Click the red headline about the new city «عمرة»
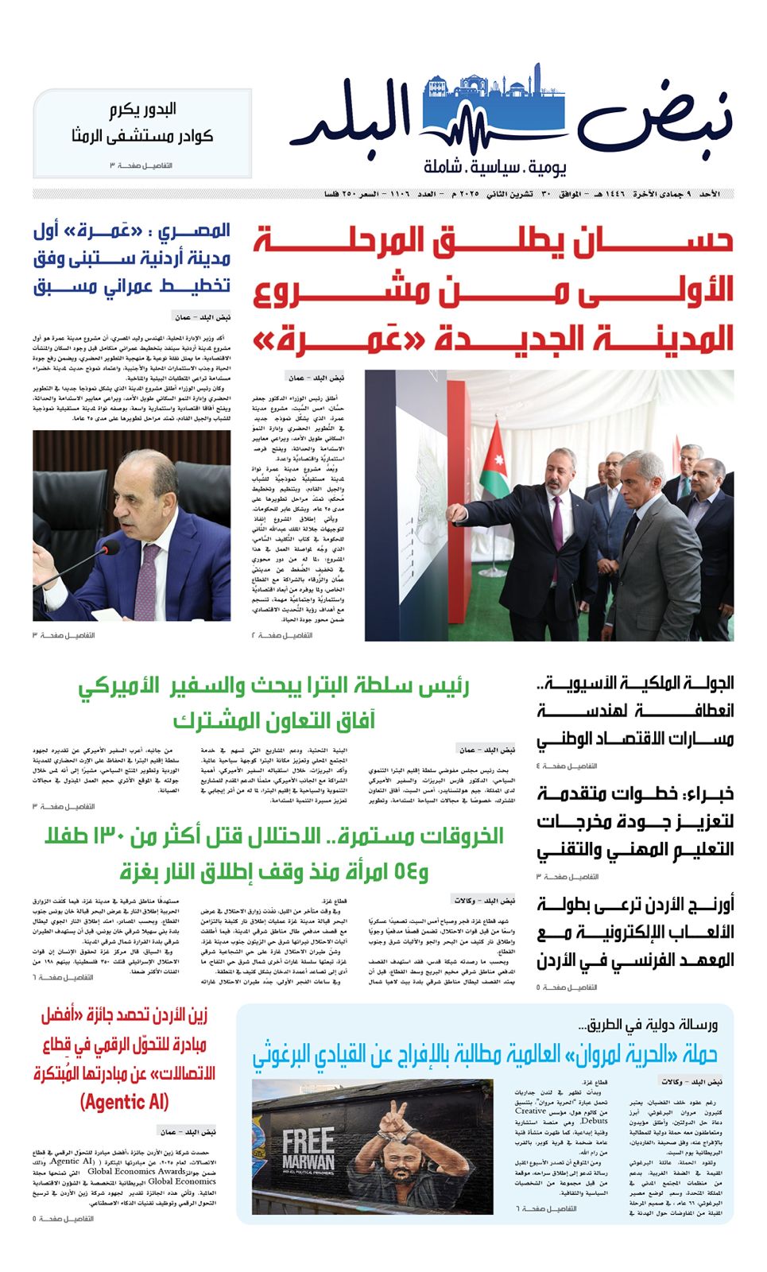point(493,290)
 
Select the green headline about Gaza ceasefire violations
point(274,853)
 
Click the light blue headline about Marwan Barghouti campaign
point(485,1055)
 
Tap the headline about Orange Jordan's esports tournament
point(634,933)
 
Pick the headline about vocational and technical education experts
point(634,822)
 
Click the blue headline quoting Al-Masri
point(132,258)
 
